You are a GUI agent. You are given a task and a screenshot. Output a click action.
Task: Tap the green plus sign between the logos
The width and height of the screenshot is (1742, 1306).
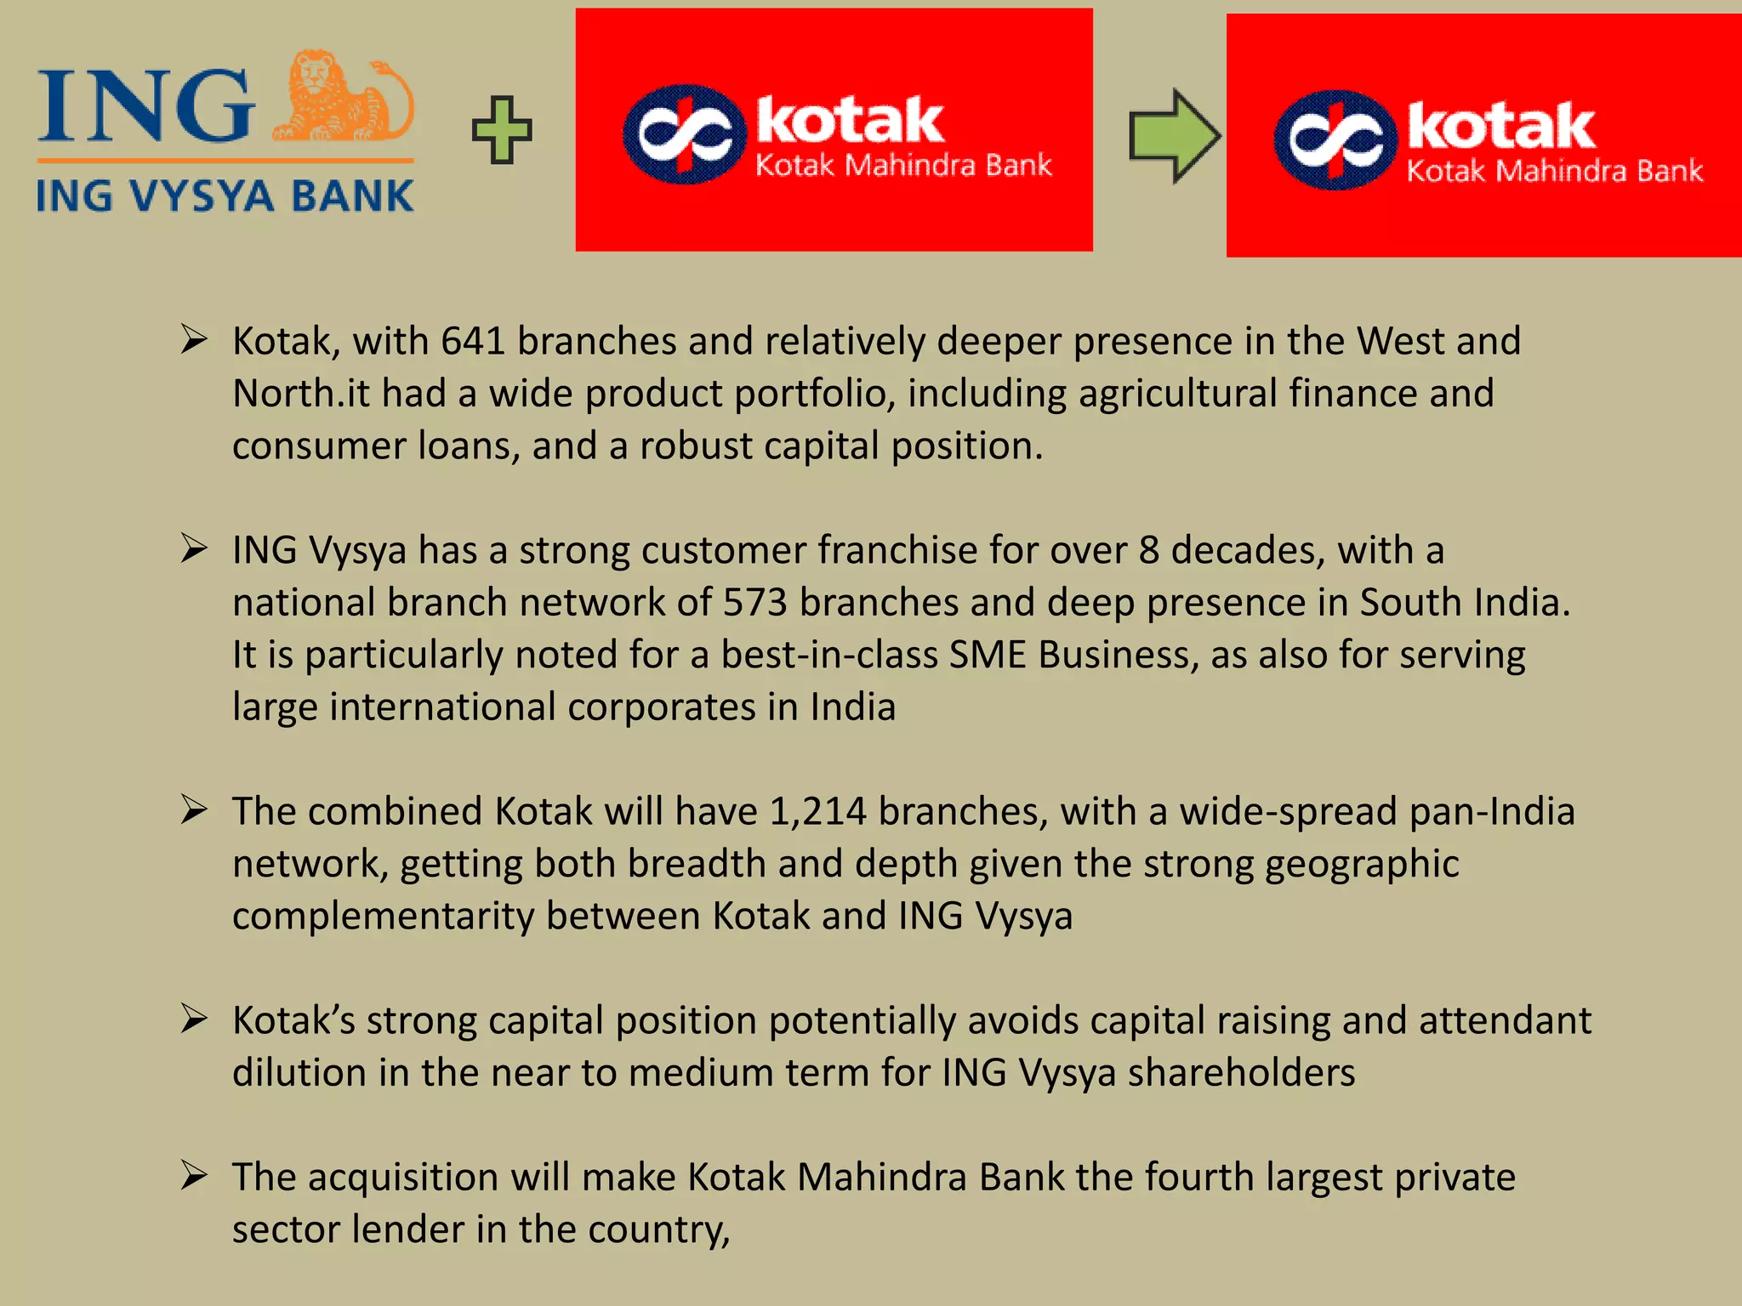coord(502,130)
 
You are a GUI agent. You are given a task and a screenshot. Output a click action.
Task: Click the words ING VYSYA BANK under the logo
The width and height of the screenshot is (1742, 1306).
coord(225,196)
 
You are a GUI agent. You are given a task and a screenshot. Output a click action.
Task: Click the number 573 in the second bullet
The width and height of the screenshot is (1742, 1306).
coord(754,603)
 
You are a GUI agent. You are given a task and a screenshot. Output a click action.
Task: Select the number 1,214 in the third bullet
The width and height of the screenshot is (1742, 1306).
coord(817,812)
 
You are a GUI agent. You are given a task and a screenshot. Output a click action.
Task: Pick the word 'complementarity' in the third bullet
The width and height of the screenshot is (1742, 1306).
coord(383,917)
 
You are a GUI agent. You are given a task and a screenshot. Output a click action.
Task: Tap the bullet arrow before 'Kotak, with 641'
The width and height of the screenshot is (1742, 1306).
coord(194,340)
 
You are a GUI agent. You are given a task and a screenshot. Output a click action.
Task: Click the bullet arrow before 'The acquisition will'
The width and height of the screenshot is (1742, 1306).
coord(194,1176)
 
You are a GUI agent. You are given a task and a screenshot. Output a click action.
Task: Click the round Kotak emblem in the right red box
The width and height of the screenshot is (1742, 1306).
coord(1335,140)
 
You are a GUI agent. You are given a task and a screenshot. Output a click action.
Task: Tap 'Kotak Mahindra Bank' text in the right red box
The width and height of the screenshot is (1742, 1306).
coord(1554,172)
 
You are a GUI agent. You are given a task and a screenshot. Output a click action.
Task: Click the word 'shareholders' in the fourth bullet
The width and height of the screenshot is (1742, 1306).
coord(1241,1073)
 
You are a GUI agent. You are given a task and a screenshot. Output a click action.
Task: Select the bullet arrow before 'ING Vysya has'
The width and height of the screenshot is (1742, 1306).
coord(194,549)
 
